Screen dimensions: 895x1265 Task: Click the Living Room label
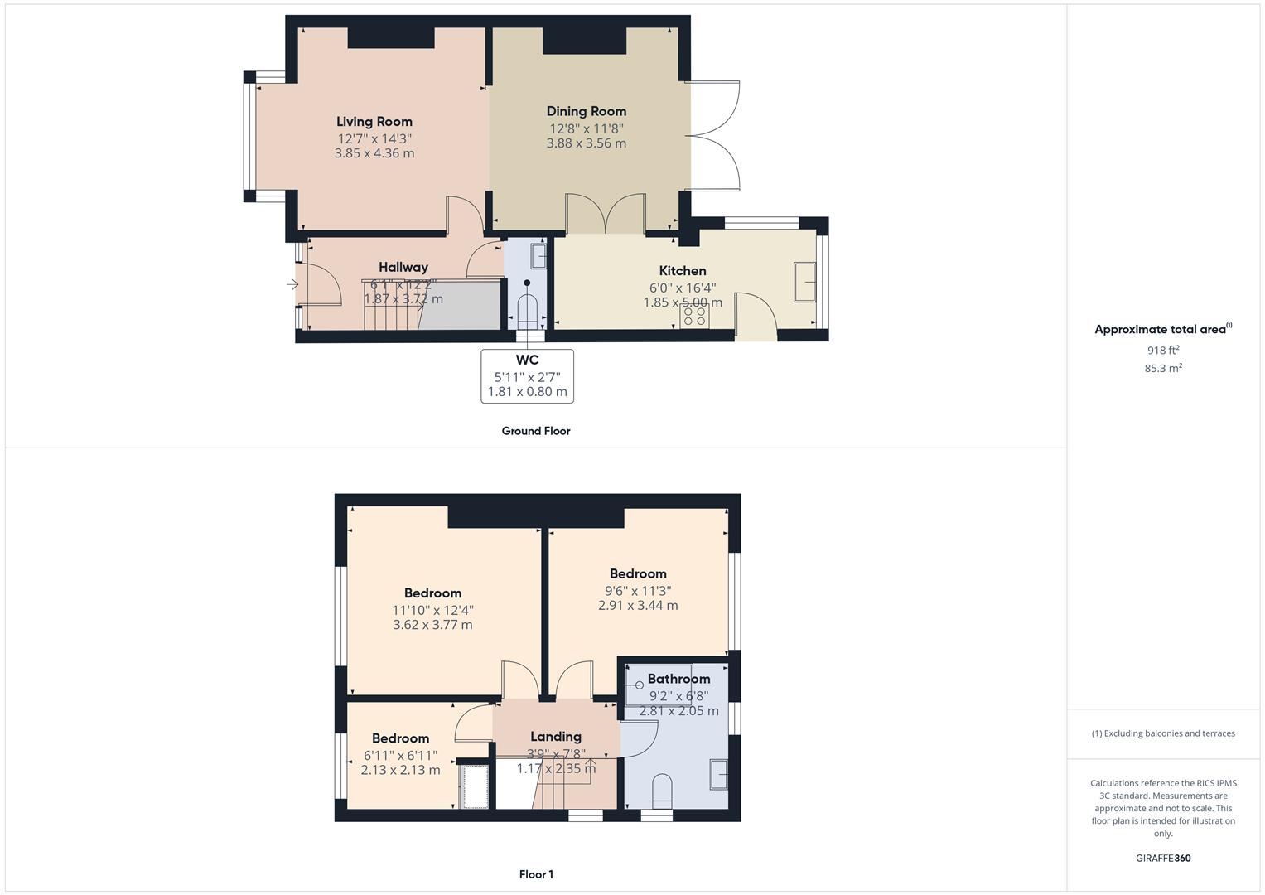click(374, 122)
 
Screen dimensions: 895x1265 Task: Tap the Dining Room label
click(586, 111)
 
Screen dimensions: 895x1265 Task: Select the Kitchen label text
click(682, 271)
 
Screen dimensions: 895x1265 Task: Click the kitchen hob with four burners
click(693, 317)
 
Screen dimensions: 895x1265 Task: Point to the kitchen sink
click(804, 282)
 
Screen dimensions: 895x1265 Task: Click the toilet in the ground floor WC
click(527, 310)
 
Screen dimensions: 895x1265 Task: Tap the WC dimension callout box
click(527, 376)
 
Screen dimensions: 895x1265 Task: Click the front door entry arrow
click(292, 284)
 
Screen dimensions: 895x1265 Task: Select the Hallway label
click(403, 267)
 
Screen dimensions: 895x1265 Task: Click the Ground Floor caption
click(535, 431)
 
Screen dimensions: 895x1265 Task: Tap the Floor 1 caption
click(535, 874)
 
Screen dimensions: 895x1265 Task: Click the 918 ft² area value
click(1162, 351)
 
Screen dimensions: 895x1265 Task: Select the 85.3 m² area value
click(1162, 368)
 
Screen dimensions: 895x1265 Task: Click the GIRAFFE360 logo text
click(1162, 858)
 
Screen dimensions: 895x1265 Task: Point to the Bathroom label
click(678, 679)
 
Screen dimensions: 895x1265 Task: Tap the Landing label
click(555, 737)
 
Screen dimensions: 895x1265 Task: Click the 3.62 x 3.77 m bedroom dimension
click(432, 625)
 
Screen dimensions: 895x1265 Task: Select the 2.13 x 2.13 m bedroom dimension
click(400, 770)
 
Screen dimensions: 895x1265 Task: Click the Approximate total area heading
click(1160, 330)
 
